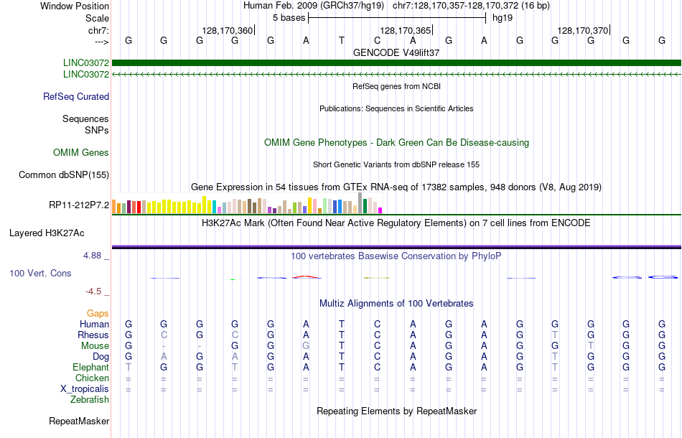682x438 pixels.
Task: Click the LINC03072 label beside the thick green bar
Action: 85,63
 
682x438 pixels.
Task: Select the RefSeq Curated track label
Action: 76,97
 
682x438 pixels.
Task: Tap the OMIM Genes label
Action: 81,153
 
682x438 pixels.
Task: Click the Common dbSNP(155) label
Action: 64,175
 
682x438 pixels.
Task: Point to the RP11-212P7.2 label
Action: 79,205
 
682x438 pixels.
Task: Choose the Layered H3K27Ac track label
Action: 47,233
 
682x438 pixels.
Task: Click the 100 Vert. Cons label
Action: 40,274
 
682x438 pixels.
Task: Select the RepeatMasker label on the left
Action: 79,421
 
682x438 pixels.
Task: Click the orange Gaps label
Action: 98,314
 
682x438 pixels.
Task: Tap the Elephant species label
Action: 90,368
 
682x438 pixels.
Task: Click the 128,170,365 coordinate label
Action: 406,31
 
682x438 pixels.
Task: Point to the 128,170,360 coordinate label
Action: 228,31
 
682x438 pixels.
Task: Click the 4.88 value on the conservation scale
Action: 95,256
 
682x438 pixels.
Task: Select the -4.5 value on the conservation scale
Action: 96,292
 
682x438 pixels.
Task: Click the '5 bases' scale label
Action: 289,18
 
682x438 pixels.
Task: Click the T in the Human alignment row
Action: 342,325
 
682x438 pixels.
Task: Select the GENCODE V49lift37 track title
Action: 396,53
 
